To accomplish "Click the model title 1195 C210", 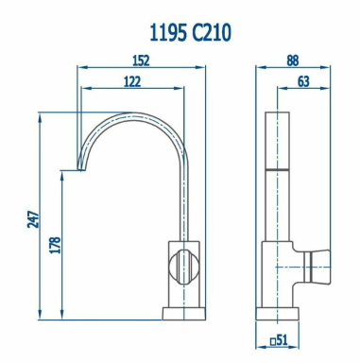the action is (190, 33).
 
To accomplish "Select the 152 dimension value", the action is (141, 60).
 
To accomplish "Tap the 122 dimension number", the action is (132, 81).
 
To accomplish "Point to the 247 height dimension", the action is (33, 219).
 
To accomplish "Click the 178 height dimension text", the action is (55, 245).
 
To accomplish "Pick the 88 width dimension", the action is (293, 60).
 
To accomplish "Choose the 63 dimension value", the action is (303, 81).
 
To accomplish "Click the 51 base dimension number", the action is (283, 340).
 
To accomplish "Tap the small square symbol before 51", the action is (273, 341).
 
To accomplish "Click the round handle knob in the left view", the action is (184, 267).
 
